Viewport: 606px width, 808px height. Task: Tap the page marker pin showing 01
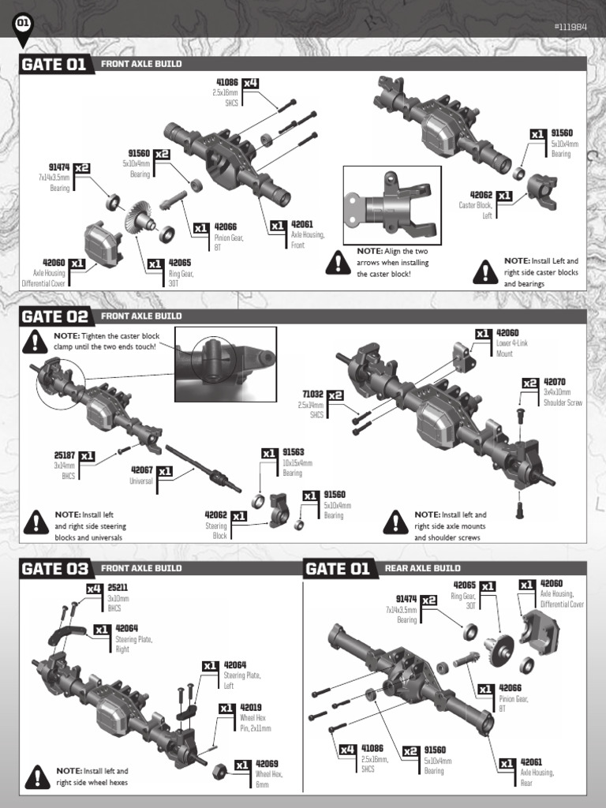pos(24,24)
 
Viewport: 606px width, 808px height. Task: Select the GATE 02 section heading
pos(54,316)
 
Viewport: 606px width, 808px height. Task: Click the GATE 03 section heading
pos(54,568)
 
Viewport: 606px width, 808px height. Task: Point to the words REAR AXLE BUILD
pos(422,568)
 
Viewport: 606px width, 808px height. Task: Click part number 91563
pos(294,453)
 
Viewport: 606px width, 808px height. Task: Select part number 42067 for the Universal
pos(141,469)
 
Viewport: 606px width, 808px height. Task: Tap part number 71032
pos(312,394)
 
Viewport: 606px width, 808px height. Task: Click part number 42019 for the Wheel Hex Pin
pos(251,708)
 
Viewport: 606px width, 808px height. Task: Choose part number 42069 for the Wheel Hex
pos(267,764)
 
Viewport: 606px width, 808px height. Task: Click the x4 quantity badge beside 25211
pos(95,588)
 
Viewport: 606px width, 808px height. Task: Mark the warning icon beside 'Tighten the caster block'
pos(36,341)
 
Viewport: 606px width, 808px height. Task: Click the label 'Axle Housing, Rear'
pos(537,777)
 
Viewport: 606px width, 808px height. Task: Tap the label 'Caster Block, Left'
pos(476,210)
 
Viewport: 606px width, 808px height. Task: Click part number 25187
pos(65,455)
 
